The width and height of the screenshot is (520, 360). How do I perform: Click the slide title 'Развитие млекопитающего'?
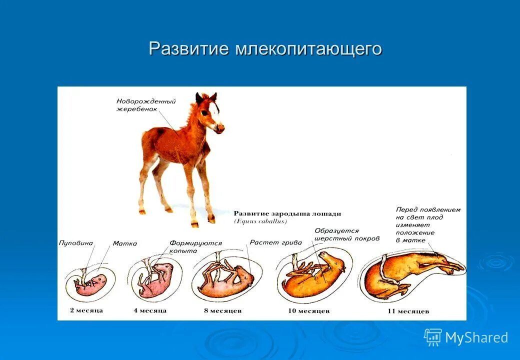(x=265, y=48)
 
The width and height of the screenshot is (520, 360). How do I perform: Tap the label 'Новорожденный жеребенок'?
(x=146, y=105)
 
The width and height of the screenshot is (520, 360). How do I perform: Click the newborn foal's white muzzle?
(x=218, y=127)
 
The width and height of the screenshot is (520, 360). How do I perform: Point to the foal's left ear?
(x=199, y=98)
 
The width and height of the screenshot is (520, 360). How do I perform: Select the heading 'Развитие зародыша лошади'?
(x=287, y=214)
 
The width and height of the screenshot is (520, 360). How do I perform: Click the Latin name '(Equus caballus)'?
(x=260, y=221)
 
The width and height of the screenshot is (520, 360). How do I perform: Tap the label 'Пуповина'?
(x=76, y=243)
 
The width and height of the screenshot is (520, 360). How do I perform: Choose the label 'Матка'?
(x=124, y=243)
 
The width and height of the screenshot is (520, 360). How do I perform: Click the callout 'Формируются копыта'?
(x=195, y=247)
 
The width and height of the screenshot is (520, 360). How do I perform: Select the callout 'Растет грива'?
(x=276, y=242)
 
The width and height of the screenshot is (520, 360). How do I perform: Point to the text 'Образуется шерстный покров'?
(x=347, y=234)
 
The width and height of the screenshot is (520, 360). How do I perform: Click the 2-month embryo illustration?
(x=90, y=283)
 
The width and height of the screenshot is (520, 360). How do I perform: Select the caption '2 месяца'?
(x=86, y=310)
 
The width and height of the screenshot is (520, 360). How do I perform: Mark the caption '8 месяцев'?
(x=223, y=311)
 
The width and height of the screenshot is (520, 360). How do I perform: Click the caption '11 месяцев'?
(x=408, y=311)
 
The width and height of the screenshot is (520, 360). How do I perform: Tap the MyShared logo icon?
(x=432, y=337)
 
